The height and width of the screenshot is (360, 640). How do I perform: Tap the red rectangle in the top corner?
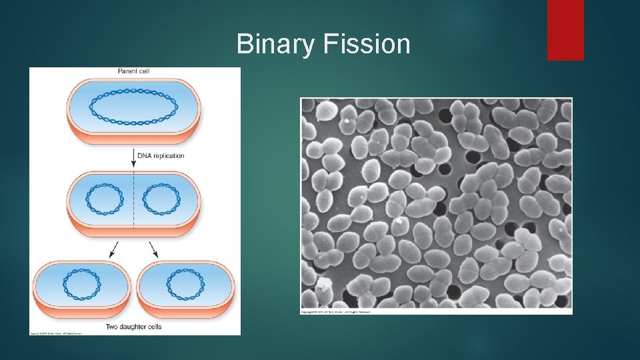(565, 30)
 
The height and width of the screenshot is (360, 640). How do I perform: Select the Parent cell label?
(134, 71)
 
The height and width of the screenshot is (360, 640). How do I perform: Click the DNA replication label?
(161, 155)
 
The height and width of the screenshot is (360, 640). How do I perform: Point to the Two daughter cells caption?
(134, 327)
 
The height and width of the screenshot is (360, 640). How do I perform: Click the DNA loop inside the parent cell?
(134, 107)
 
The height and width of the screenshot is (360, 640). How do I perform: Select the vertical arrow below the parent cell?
(134, 159)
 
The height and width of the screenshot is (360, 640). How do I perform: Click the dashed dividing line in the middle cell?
(134, 200)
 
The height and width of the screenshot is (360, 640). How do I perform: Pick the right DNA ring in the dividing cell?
(162, 199)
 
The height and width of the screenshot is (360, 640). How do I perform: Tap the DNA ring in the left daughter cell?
(82, 284)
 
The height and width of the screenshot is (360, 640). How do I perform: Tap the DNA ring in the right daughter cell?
(185, 284)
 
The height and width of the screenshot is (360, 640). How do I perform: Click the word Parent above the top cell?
(127, 71)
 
